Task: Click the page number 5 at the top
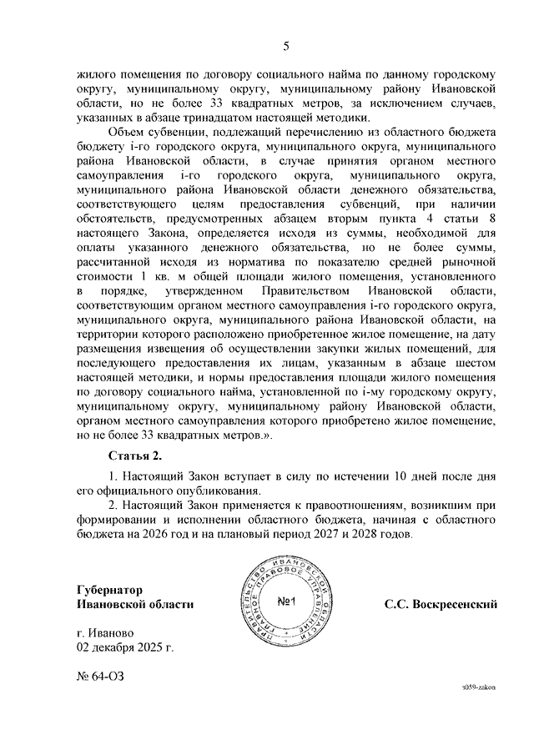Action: (285, 46)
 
